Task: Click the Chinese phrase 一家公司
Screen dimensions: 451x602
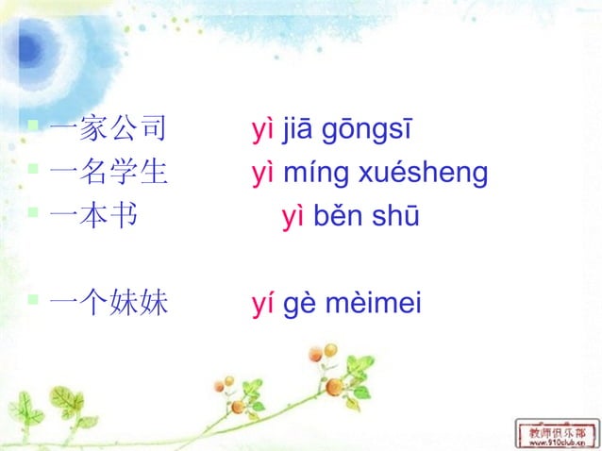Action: [108, 129]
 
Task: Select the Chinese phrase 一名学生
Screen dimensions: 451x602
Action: [108, 173]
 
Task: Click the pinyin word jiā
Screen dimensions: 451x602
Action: [298, 130]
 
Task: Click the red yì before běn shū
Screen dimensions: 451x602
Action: [293, 217]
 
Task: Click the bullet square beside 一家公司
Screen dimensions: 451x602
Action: [33, 125]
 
